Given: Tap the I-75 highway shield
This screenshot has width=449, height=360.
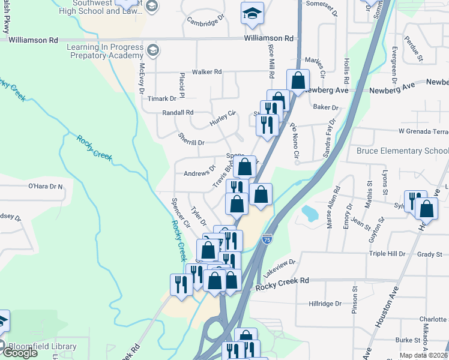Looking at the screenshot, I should [267, 239].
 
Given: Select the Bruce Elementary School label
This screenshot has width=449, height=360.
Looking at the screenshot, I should [402, 151].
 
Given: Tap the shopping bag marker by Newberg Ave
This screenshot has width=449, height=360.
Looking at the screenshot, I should [298, 80].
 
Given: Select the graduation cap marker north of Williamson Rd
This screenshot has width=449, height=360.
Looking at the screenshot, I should [252, 12].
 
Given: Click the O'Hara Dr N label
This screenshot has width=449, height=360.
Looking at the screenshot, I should [46, 187].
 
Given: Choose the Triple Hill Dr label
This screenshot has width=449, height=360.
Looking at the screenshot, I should [387, 254].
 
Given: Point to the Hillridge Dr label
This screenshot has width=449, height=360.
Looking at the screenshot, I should [325, 304].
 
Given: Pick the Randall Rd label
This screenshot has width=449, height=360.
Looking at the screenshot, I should [178, 112].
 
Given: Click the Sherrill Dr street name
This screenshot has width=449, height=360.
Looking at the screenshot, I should [191, 140].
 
